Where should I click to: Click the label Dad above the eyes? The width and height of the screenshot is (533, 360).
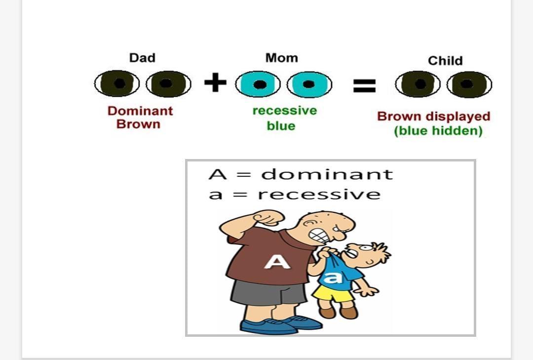(143, 58)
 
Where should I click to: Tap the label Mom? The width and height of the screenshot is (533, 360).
(281, 58)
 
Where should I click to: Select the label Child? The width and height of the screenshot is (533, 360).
(445, 61)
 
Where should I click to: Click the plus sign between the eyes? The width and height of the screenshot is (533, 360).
(215, 82)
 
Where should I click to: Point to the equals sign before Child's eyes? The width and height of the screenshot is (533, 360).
(364, 85)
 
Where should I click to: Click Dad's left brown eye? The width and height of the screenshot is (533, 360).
(116, 83)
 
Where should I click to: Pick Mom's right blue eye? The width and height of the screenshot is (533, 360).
(309, 84)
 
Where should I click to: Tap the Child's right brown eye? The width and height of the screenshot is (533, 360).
(469, 84)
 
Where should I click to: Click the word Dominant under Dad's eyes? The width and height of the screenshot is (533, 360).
(140, 111)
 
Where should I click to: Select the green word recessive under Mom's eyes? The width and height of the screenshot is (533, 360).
(285, 111)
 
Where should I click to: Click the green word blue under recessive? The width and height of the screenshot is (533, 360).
(281, 126)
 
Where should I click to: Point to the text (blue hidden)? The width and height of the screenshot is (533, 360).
(438, 131)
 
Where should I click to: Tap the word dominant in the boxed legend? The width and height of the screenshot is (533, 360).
(327, 174)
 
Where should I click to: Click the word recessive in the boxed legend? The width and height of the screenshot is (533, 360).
(319, 195)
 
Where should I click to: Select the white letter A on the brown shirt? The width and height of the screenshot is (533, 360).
(277, 262)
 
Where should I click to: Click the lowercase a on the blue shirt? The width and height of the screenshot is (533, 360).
(333, 278)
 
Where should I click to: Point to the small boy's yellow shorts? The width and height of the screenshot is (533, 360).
(333, 293)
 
